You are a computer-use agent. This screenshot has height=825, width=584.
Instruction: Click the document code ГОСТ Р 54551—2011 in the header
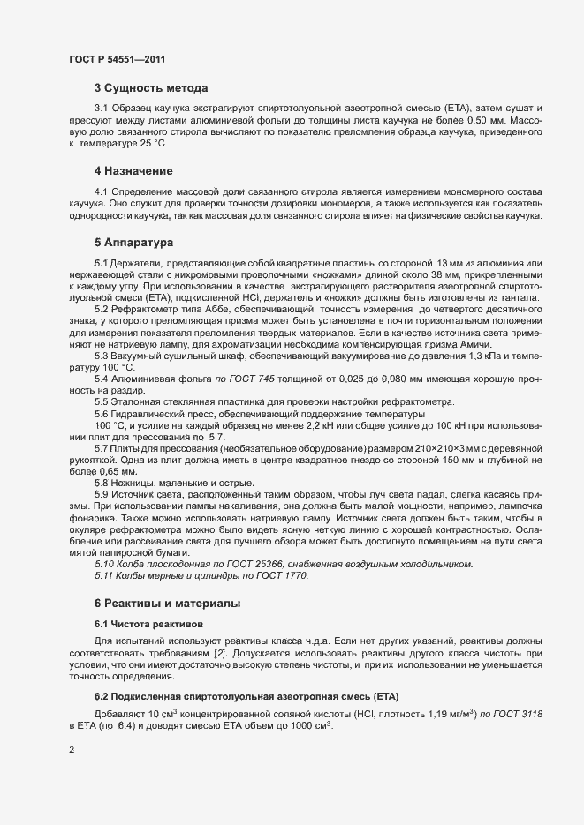point(116,59)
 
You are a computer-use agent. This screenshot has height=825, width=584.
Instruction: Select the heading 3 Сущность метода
point(152,89)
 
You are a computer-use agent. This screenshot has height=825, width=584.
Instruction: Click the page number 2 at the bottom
point(72,752)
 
